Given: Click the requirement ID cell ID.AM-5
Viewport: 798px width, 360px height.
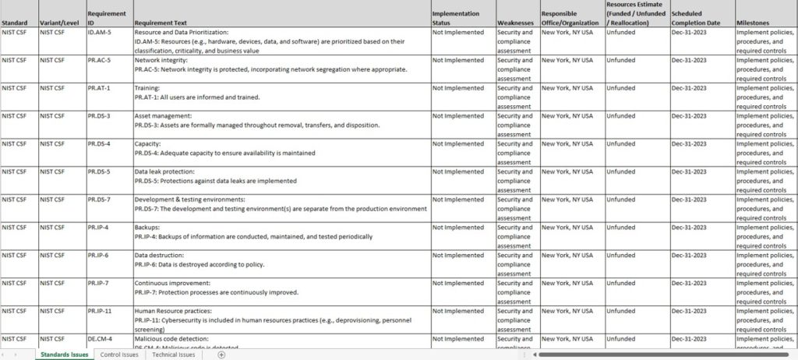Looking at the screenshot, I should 98,34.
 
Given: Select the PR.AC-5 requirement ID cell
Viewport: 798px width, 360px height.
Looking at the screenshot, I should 99,61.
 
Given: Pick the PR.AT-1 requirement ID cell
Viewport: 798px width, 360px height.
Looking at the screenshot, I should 99,88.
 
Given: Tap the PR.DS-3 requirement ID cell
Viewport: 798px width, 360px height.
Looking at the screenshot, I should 99,116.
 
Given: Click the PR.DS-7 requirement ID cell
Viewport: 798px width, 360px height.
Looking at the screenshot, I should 99,199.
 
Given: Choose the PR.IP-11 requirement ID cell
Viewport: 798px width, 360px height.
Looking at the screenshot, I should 101,311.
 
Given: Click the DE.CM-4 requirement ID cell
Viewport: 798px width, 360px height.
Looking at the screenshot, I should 100,339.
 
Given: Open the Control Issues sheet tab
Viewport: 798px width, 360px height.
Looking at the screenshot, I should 119,355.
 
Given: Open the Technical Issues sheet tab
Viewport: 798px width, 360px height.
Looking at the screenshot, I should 174,355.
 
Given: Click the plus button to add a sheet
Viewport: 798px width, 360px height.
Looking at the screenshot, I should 221,355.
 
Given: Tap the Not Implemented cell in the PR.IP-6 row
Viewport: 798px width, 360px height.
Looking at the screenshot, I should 458,256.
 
